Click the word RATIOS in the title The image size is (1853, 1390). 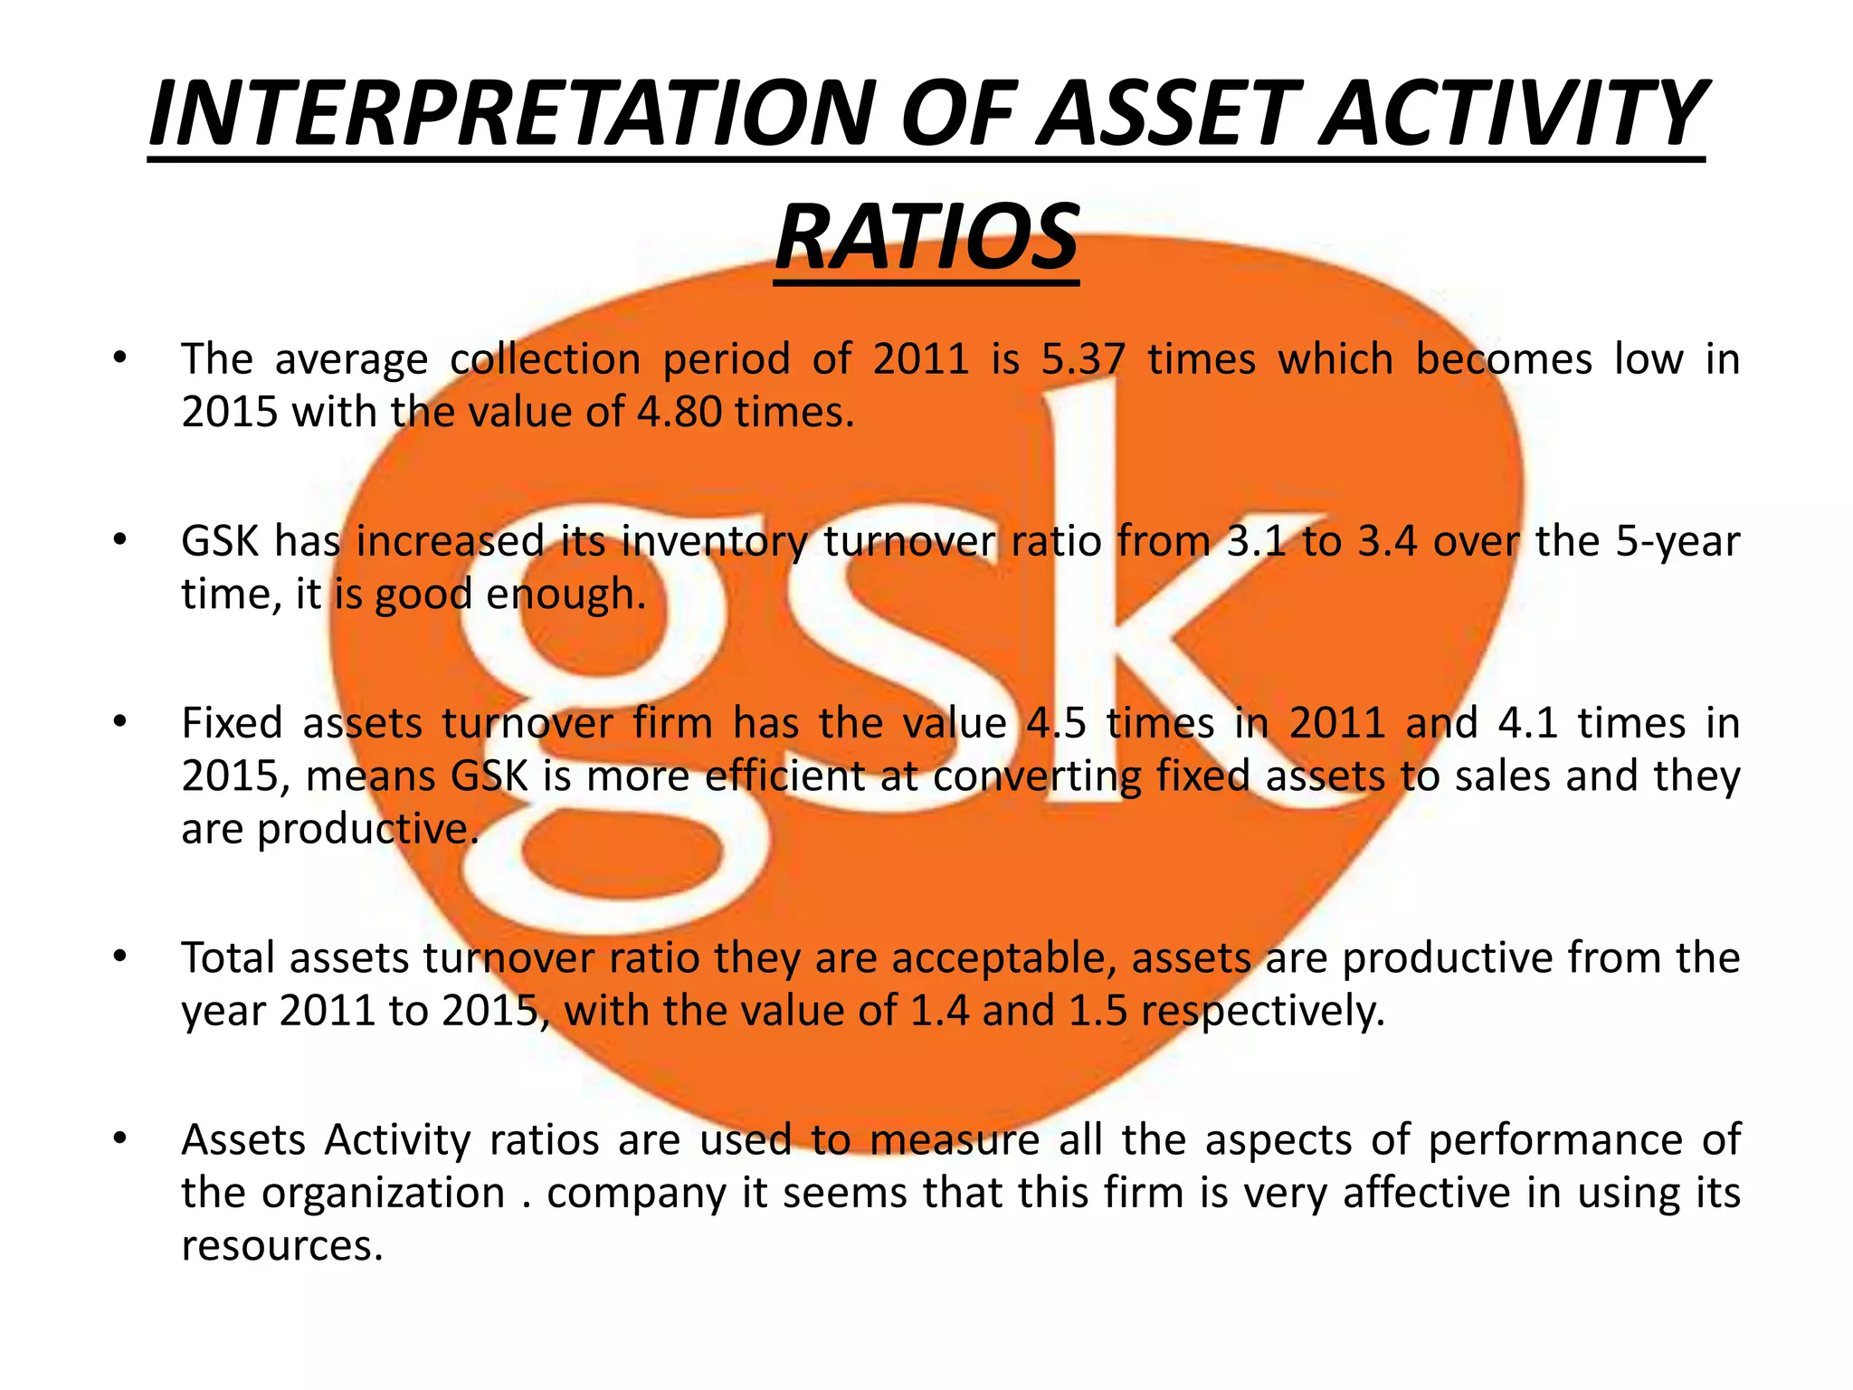point(926,237)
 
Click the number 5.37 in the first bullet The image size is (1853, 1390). point(1083,359)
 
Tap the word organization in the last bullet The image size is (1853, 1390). point(383,1194)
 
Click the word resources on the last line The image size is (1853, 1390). point(281,1246)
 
